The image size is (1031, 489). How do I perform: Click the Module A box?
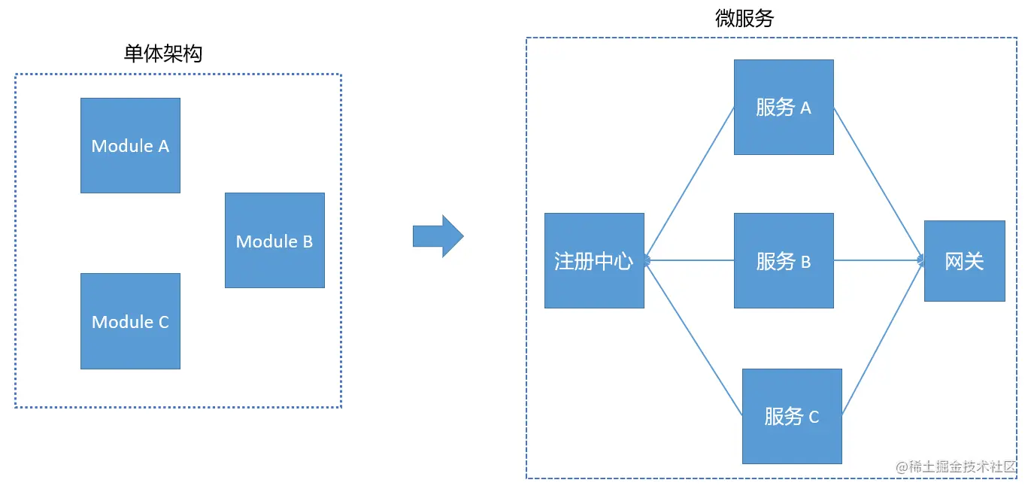point(130,145)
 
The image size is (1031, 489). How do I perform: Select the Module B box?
point(274,240)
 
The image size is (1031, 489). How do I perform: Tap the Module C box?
point(130,321)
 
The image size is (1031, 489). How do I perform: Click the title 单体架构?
point(163,53)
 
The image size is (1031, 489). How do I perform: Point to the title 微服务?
point(744,19)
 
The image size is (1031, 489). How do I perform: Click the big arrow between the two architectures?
point(438,236)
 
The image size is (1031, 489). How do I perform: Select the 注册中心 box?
point(594,260)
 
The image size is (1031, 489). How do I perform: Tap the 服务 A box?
point(784,107)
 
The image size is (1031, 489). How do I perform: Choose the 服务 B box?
point(784,261)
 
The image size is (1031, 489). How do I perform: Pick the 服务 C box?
point(792,416)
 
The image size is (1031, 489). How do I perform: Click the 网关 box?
point(964,261)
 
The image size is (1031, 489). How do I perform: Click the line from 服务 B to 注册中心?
point(690,261)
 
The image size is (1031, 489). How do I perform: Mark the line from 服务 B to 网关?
point(878,261)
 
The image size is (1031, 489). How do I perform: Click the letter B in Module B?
point(308,241)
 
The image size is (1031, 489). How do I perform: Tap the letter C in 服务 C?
point(814,418)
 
